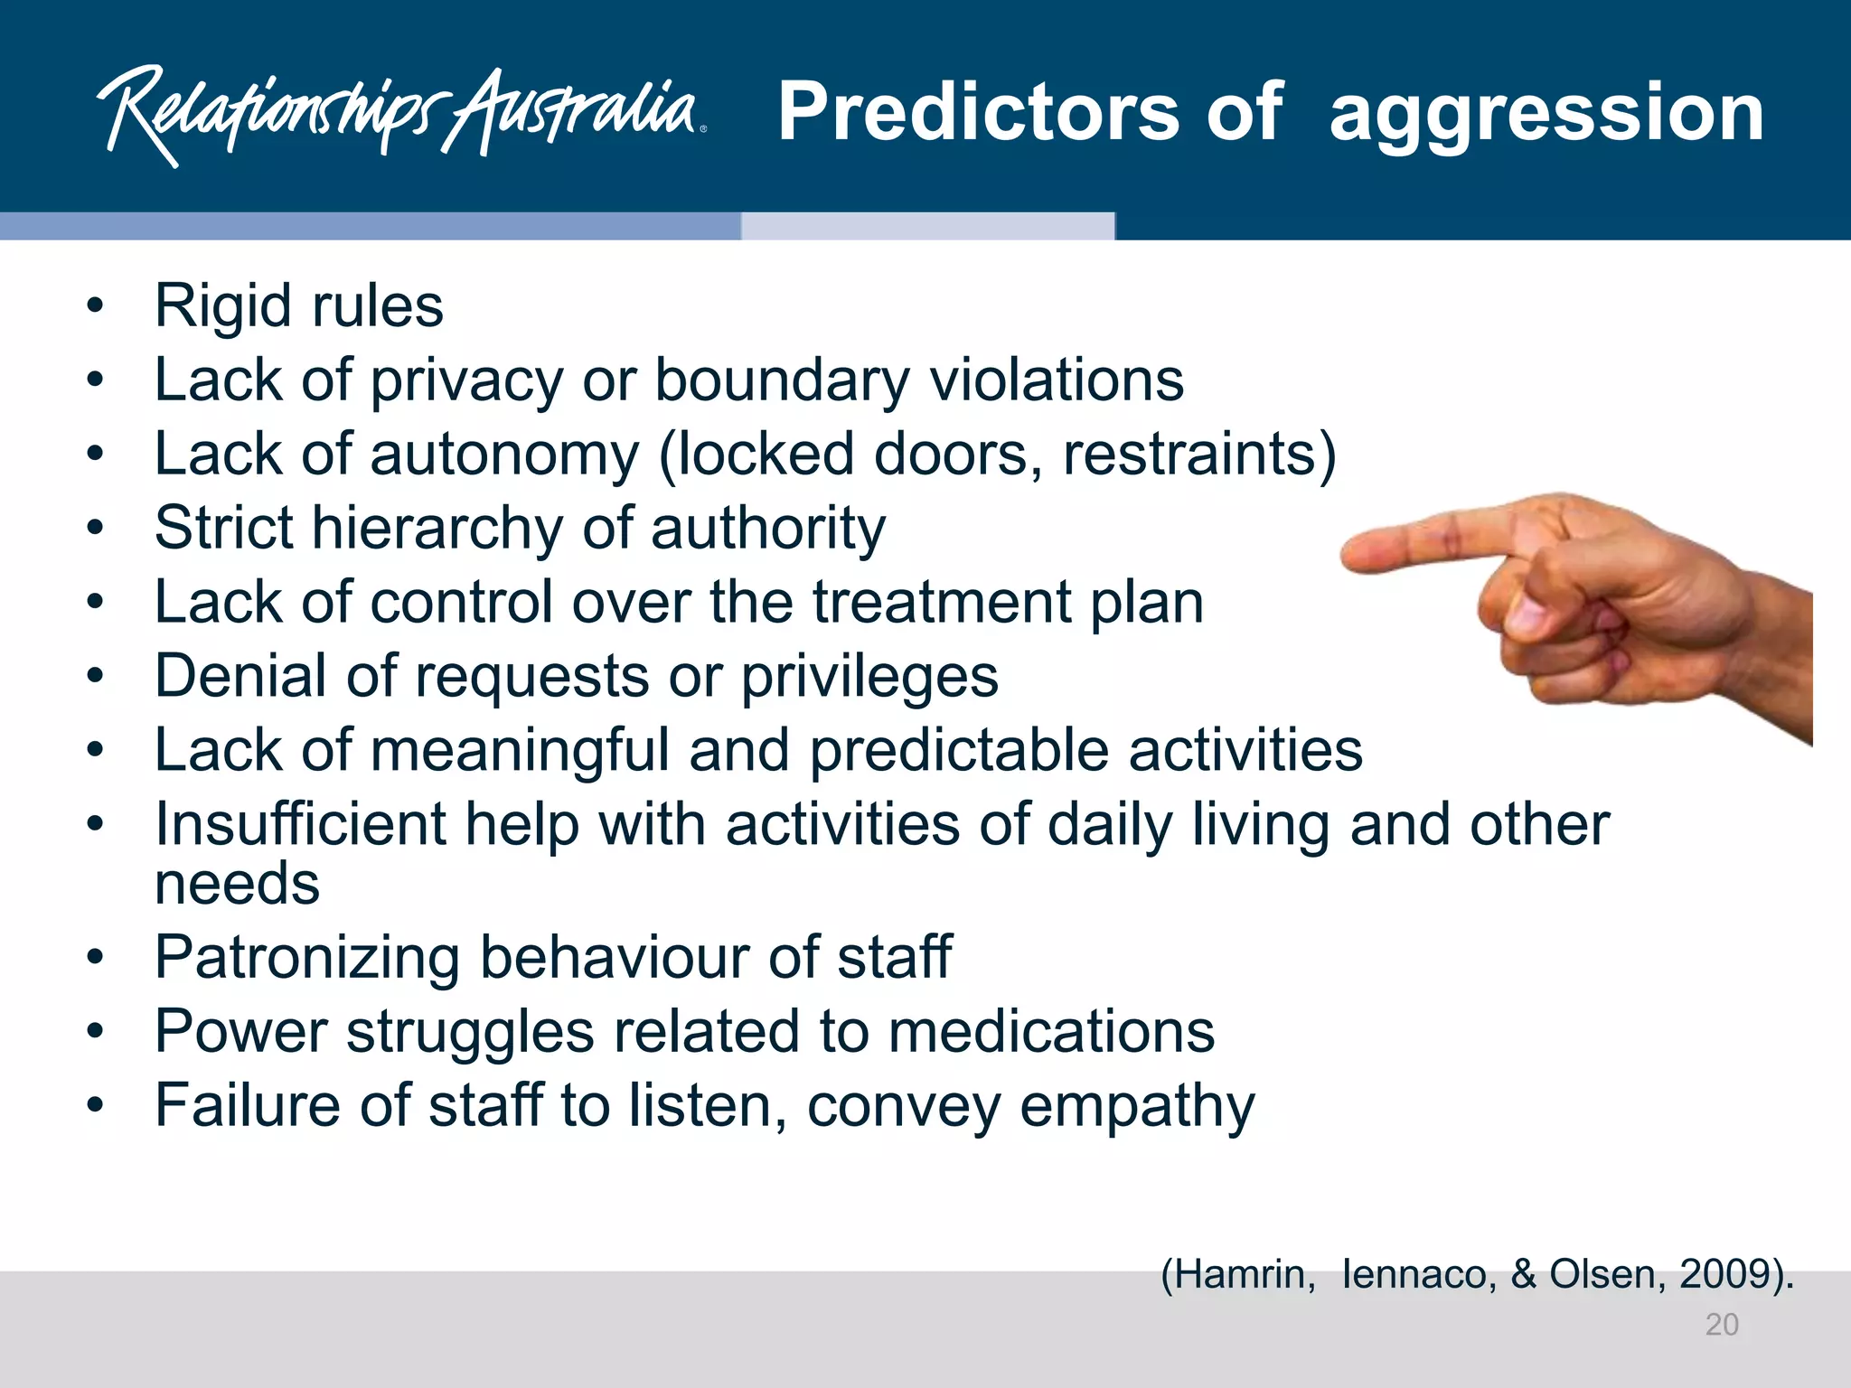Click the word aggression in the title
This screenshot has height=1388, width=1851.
click(1546, 113)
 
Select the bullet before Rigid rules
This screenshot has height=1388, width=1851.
click(96, 306)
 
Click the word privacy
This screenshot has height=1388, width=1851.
click(466, 380)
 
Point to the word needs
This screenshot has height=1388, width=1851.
click(237, 884)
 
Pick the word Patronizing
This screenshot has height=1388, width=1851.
click(307, 957)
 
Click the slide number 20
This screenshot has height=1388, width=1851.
click(1721, 1325)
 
